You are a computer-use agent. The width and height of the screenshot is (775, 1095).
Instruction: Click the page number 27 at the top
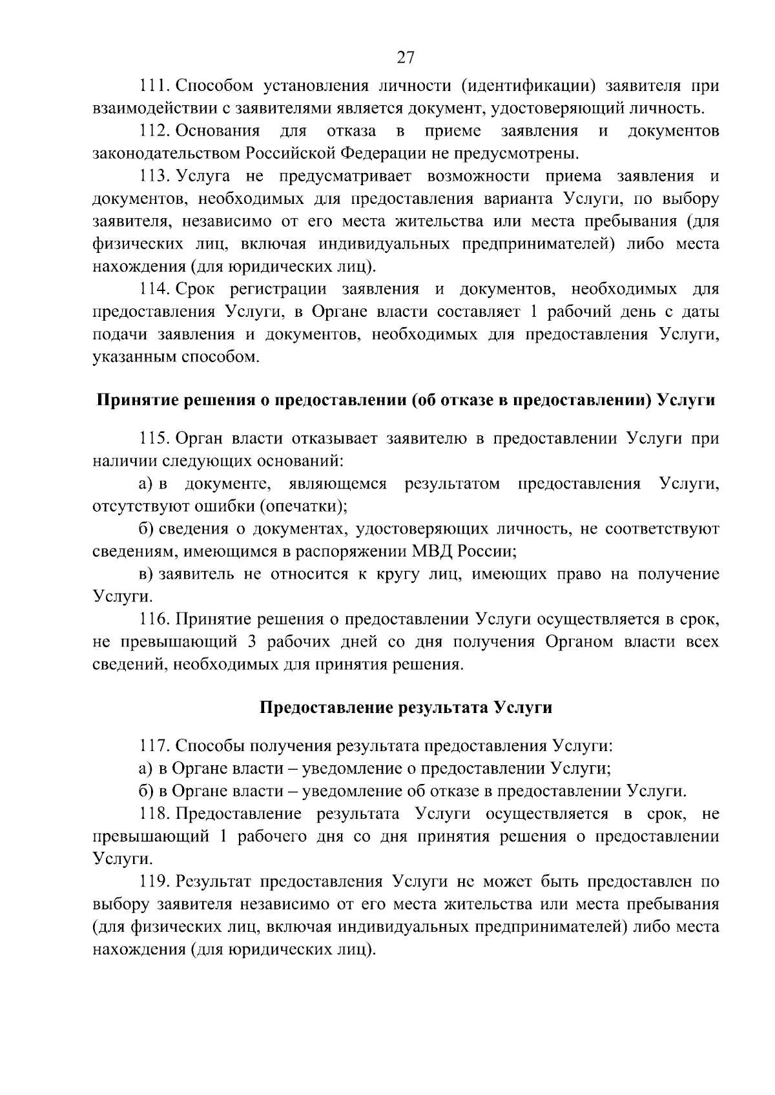pyautogui.click(x=405, y=58)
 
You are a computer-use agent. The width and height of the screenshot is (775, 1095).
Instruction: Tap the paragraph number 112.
pyautogui.click(x=154, y=132)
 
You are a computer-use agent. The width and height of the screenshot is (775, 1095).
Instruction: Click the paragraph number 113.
pyautogui.click(x=154, y=177)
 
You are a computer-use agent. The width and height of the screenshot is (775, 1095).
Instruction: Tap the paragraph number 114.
pyautogui.click(x=154, y=290)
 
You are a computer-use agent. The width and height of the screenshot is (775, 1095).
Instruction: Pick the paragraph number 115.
pyautogui.click(x=154, y=439)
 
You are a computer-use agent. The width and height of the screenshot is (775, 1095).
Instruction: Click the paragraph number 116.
pyautogui.click(x=154, y=619)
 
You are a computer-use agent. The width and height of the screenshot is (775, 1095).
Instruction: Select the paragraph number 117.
pyautogui.click(x=154, y=746)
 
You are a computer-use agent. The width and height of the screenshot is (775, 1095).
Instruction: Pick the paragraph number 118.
pyautogui.click(x=154, y=814)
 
